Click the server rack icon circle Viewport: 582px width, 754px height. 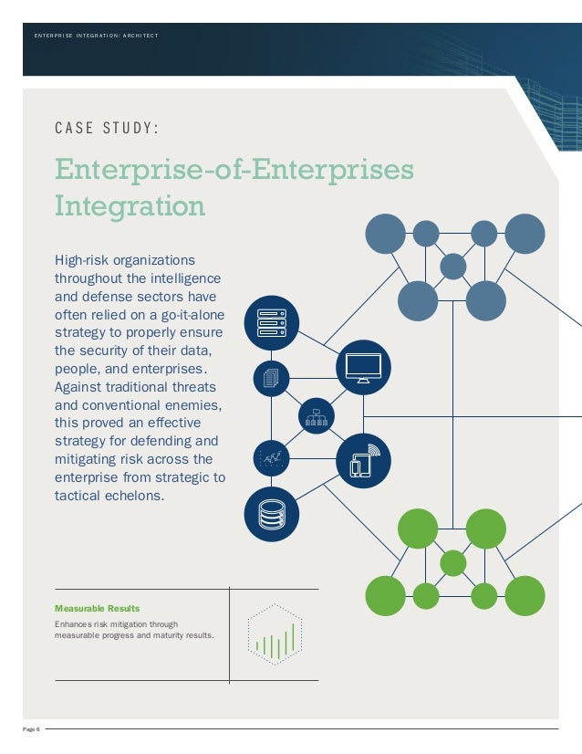272,322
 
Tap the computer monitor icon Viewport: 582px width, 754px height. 363,367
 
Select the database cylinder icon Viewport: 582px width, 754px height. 272,514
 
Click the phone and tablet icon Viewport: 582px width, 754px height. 363,461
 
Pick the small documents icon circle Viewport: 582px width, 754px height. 271,378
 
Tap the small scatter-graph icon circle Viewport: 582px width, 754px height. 271,457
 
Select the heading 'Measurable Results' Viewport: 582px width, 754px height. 98,608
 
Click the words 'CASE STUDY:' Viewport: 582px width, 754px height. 108,128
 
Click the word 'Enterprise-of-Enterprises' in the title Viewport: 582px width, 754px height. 234,170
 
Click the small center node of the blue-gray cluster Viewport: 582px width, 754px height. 453,267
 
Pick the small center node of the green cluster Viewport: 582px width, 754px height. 453,562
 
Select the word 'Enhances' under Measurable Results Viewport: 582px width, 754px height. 72,624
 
